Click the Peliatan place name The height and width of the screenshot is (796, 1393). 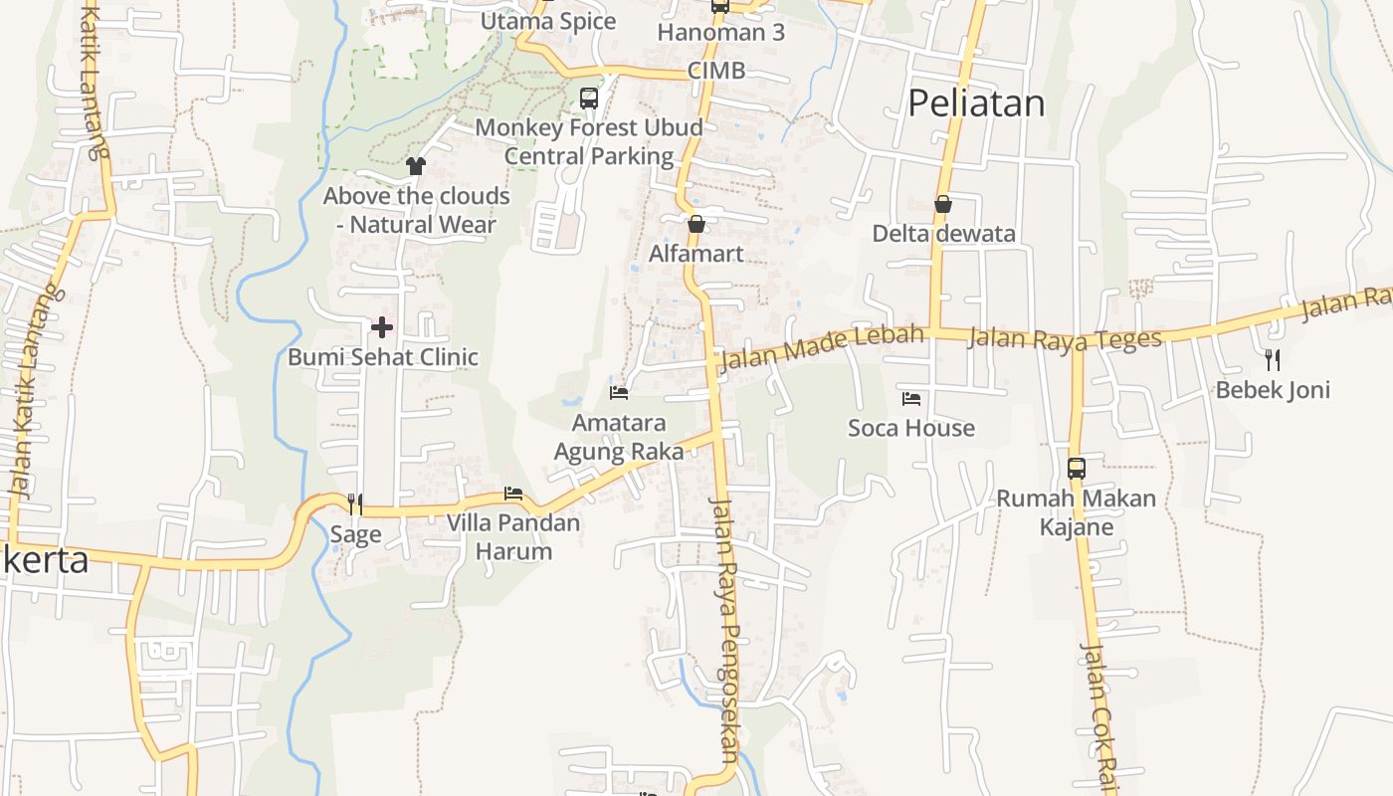point(976,103)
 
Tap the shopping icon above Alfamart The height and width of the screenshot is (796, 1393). point(696,224)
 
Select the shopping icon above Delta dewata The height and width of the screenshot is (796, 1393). point(943,204)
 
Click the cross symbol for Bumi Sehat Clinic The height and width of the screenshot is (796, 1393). point(382,326)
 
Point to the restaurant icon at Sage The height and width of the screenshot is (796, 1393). point(354,504)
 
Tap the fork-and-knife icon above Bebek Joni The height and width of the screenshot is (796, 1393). point(1272,359)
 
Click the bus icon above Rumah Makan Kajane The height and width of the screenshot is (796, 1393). point(1076,468)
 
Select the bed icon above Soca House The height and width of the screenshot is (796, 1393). point(910,399)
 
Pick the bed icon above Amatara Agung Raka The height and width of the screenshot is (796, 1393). point(619,393)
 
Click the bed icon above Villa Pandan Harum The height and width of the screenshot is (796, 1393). point(513,494)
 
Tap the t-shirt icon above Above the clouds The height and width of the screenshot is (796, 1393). point(416,166)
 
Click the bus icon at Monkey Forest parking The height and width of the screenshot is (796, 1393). point(589,99)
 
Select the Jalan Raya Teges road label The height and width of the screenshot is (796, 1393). point(1064,338)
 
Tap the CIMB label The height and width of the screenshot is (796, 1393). point(716,72)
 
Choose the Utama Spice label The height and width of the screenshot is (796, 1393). point(548,21)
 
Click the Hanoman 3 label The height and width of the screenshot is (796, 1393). point(721,32)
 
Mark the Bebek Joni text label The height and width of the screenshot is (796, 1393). point(1273,389)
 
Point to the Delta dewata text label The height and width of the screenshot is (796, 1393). point(943,234)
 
